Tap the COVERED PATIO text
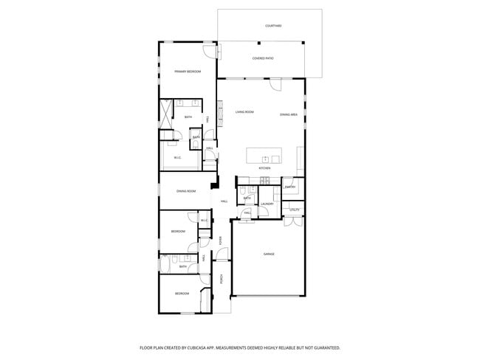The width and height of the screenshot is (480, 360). click(x=263, y=58)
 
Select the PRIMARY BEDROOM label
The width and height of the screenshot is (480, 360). click(x=188, y=72)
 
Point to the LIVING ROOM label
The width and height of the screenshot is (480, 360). click(x=244, y=112)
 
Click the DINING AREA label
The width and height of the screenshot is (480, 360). click(x=289, y=114)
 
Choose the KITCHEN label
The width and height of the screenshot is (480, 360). click(x=264, y=169)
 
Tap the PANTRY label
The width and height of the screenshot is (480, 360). click(x=290, y=187)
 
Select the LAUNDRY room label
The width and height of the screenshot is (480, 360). click(x=267, y=204)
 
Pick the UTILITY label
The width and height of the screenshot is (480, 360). click(x=294, y=210)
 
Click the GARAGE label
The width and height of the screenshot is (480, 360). click(x=269, y=255)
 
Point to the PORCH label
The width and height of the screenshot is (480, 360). click(x=221, y=278)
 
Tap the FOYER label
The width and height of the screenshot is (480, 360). click(x=220, y=239)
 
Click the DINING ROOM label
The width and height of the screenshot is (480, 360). click(x=186, y=192)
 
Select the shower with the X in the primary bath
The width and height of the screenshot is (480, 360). click(x=168, y=111)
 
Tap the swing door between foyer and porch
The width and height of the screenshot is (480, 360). click(x=220, y=258)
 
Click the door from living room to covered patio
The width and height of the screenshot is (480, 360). click(x=275, y=83)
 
